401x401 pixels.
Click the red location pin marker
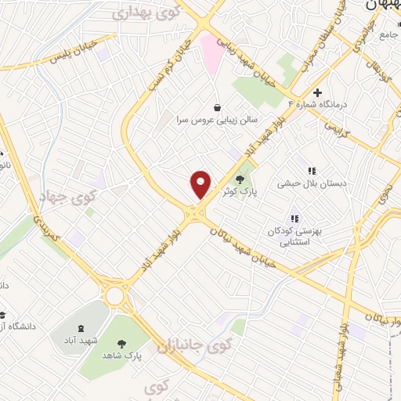[201, 184]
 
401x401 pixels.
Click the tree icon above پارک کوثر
[240, 180]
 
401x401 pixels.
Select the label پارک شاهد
[121, 356]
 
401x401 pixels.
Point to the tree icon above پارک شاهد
[121, 343]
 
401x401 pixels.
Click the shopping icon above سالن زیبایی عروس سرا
[217, 107]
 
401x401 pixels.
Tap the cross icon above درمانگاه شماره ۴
[317, 92]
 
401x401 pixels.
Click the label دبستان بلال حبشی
[310, 185]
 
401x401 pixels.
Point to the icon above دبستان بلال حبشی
[311, 171]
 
